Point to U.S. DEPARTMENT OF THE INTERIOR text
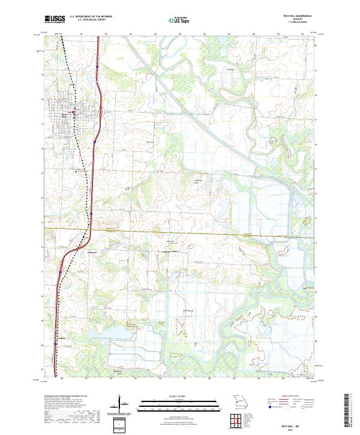click(91, 16)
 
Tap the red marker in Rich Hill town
click(73, 112)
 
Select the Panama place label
click(92, 253)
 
